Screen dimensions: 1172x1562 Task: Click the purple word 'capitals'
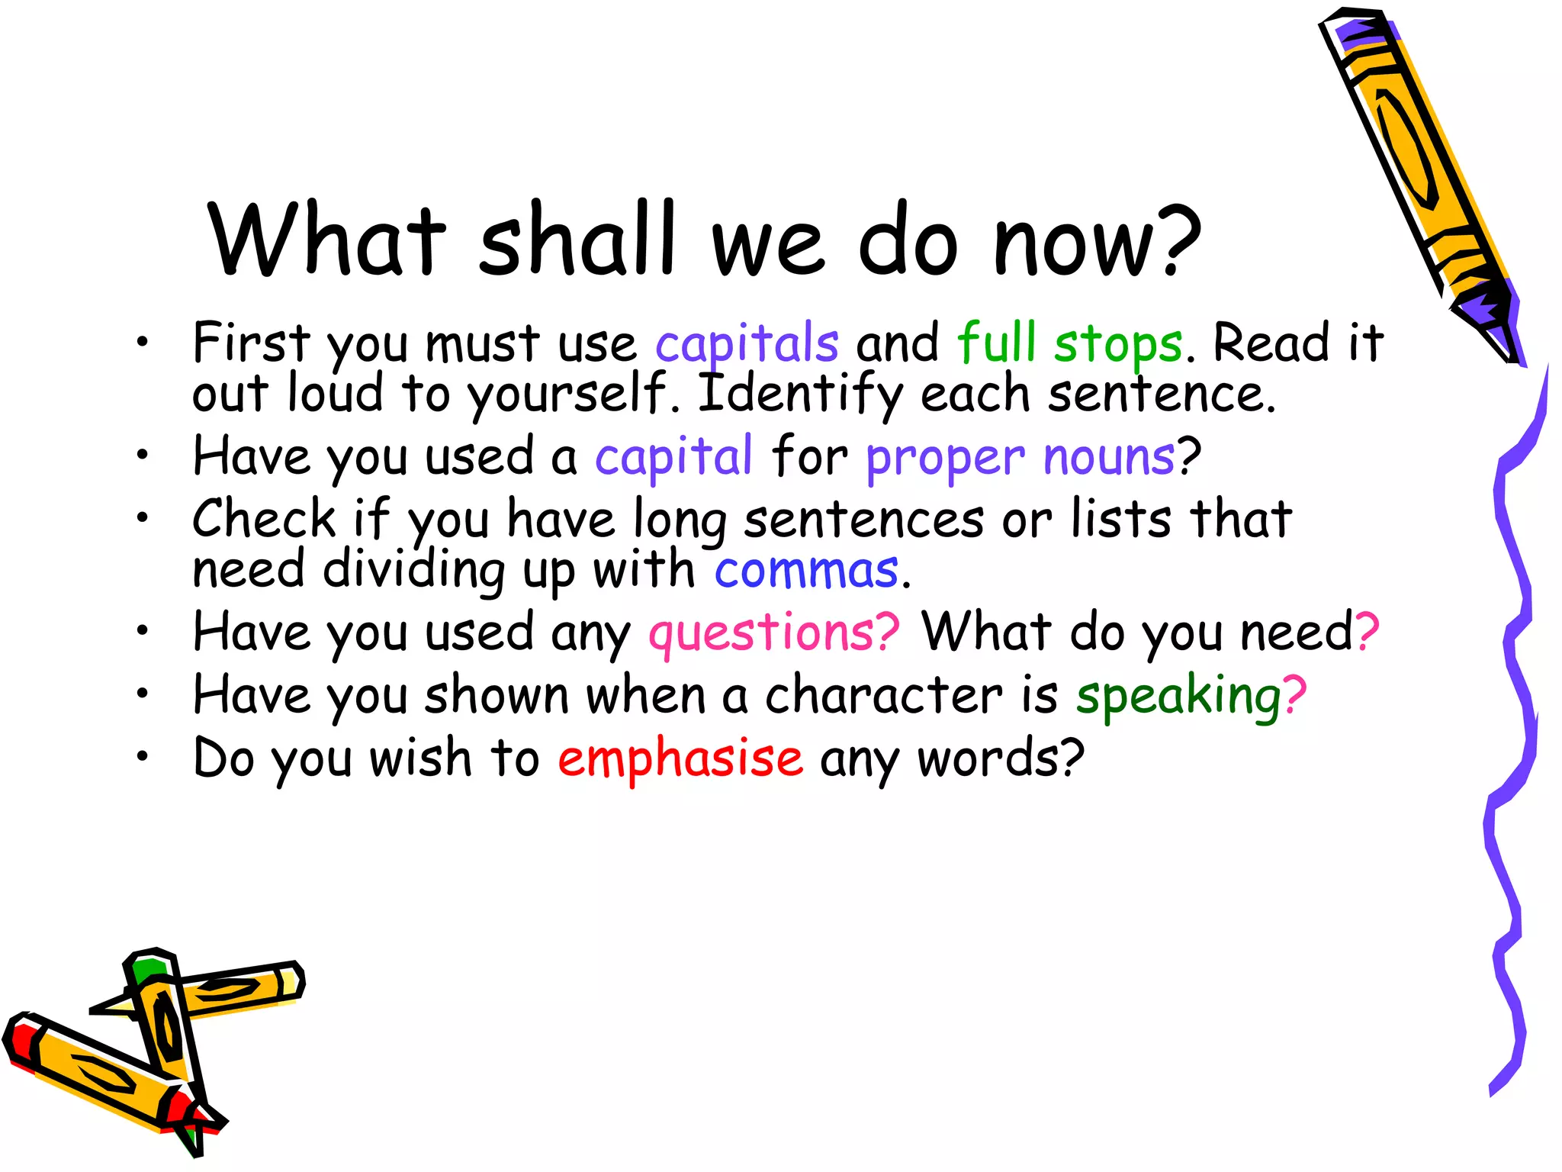[747, 343]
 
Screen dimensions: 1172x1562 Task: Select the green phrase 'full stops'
[1069, 343]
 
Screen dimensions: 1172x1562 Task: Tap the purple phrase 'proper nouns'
[1020, 458]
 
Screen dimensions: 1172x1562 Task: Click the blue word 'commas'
[806, 571]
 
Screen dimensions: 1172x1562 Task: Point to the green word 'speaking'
[1178, 696]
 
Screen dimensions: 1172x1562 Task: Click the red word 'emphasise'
[680, 758]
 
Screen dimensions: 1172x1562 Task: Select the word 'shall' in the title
[577, 238]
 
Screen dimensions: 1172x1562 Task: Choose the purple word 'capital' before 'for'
[673, 458]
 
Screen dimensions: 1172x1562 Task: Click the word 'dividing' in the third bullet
[413, 571]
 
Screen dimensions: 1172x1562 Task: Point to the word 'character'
[883, 696]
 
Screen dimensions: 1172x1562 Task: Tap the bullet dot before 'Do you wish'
[142, 757]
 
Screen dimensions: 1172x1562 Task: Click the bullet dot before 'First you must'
[142, 342]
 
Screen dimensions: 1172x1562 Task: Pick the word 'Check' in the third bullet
[263, 519]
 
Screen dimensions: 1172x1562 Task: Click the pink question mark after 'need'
[1366, 632]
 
